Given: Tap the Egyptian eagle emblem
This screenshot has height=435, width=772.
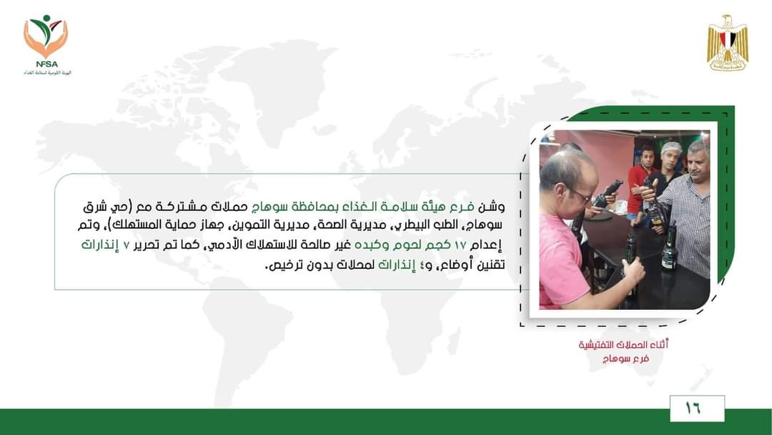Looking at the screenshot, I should tap(728, 43).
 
